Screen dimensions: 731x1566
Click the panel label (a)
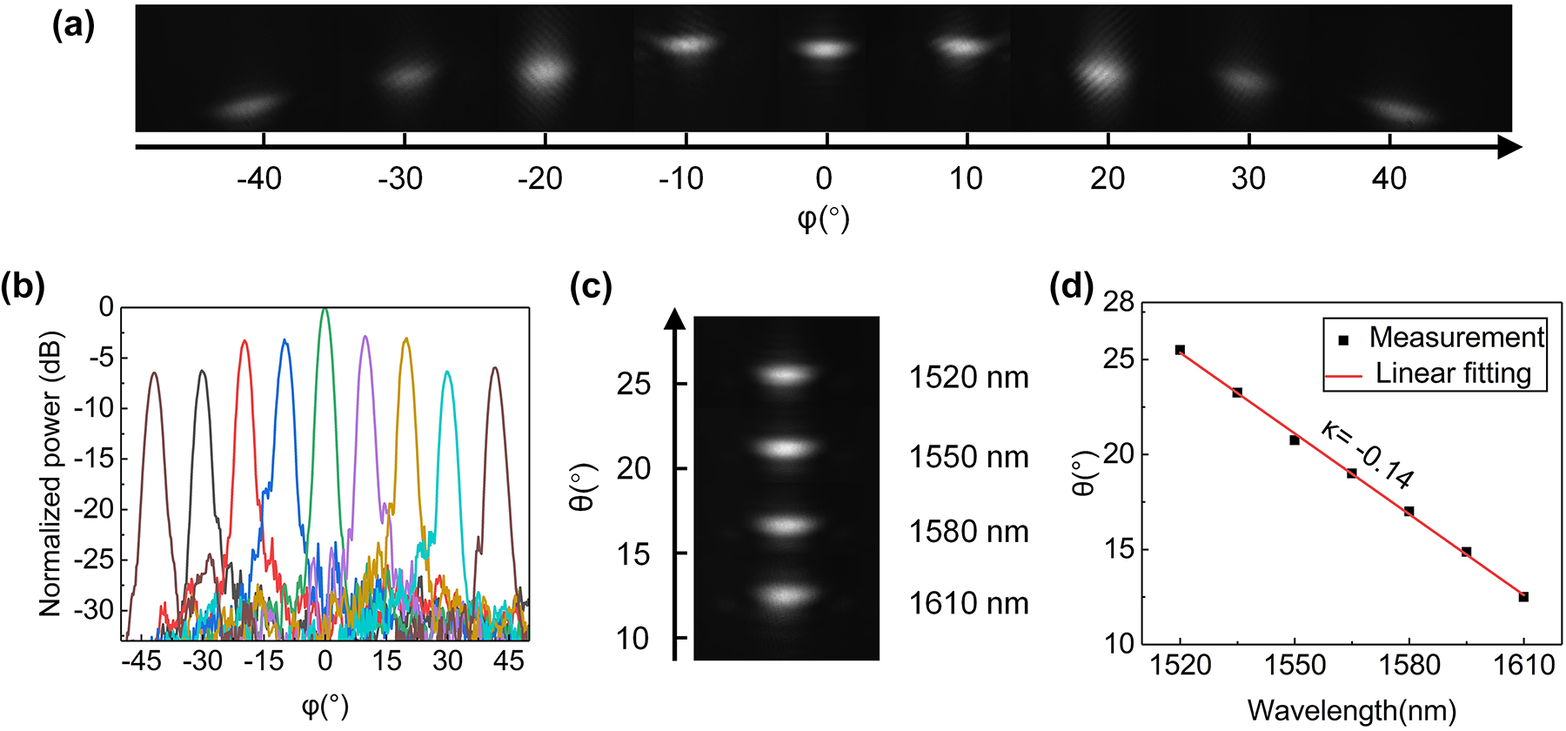pyautogui.click(x=73, y=25)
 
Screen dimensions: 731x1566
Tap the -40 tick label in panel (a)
pyautogui.click(x=259, y=179)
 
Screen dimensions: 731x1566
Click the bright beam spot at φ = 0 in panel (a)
pyautogui.click(x=825, y=49)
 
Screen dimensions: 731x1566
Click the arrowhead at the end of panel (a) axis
pyautogui.click(x=1509, y=147)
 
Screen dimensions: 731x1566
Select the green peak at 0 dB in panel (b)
pyautogui.click(x=325, y=311)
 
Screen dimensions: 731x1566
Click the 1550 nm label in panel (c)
pyautogui.click(x=968, y=457)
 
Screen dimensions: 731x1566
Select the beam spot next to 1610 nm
pyautogui.click(x=786, y=596)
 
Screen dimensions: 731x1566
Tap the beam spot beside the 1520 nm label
pyautogui.click(x=786, y=375)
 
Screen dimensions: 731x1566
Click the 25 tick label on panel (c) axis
pyautogui.click(x=633, y=384)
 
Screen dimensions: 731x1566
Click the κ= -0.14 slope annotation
pyautogui.click(x=1369, y=455)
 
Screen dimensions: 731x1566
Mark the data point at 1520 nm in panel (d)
pyautogui.click(x=1180, y=350)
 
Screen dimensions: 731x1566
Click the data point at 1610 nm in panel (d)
pyautogui.click(x=1523, y=597)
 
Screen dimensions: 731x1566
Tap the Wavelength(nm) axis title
pyautogui.click(x=1351, y=711)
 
